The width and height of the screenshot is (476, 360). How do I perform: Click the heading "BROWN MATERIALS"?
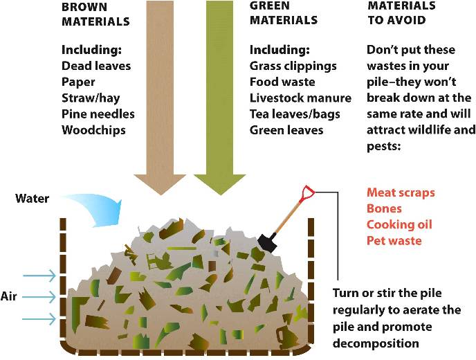[95, 14]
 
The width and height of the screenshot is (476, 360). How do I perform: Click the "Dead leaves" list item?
[96, 66]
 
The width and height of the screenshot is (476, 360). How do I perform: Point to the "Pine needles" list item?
[98, 114]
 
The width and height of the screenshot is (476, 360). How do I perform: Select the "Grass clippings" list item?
[293, 66]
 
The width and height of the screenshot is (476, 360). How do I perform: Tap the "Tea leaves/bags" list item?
[295, 114]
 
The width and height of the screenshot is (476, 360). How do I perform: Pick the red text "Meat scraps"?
[401, 192]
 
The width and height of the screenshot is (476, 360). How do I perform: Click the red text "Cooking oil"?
[399, 224]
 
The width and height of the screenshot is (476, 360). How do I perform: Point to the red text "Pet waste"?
[394, 241]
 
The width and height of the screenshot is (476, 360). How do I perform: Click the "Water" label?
[33, 199]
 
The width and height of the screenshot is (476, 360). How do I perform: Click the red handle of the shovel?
[307, 191]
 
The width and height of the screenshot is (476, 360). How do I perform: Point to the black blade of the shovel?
[267, 242]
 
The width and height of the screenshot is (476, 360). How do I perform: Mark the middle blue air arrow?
[39, 297]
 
